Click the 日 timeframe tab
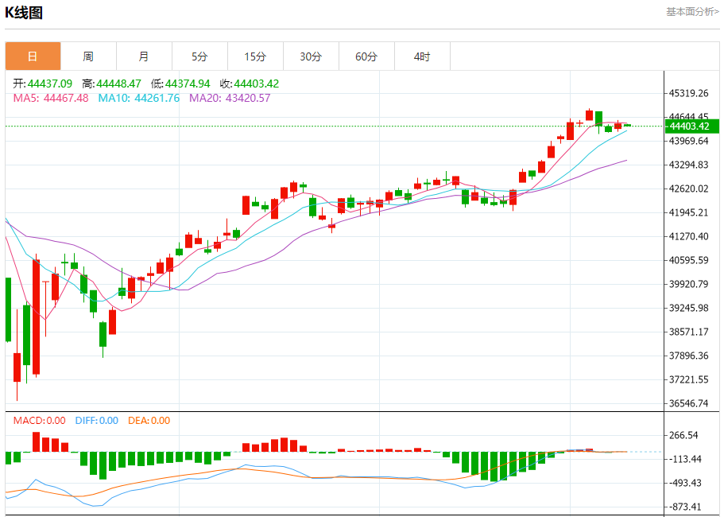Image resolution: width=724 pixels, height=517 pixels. [33, 56]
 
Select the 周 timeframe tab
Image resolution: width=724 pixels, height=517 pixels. [88, 56]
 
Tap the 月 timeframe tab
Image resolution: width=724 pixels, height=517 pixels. [144, 56]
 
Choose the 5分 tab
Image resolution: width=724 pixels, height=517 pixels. [199, 56]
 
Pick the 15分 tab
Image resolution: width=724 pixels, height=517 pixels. [255, 56]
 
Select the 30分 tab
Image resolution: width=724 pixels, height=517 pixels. [311, 56]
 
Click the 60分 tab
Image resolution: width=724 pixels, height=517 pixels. [366, 56]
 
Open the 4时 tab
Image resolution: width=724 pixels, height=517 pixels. [422, 56]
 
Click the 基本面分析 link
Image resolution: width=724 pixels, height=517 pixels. [691, 12]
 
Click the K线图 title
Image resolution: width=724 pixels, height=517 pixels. [24, 13]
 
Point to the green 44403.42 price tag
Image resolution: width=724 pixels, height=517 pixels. [692, 126]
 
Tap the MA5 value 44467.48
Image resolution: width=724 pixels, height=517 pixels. [66, 98]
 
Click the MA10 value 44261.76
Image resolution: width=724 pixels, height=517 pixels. [157, 98]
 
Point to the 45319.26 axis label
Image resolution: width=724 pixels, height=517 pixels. [690, 93]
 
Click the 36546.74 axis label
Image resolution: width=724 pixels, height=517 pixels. [690, 403]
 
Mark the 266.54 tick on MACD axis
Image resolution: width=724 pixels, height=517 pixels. [684, 435]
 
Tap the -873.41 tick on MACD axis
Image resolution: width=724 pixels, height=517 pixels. [684, 507]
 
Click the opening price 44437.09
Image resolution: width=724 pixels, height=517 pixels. [50, 84]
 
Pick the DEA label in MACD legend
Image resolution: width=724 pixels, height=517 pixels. [137, 421]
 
